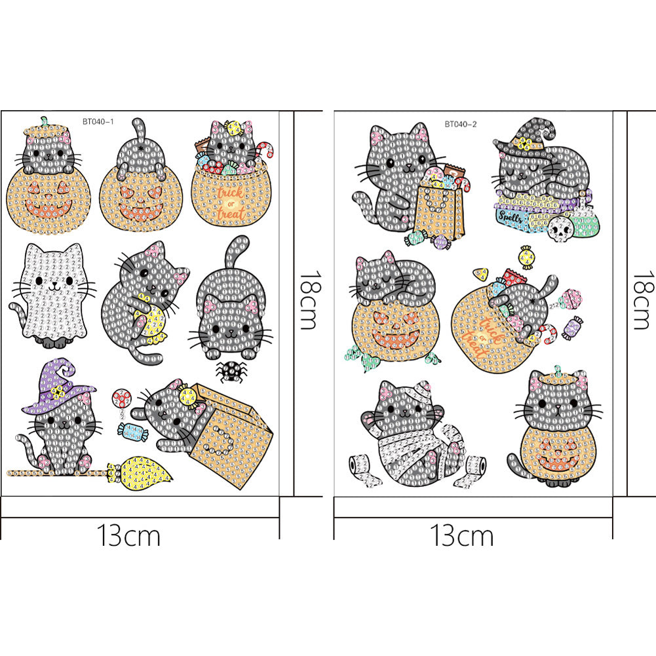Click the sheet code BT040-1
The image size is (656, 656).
coord(99,121)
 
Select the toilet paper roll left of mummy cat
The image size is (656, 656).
coord(358,465)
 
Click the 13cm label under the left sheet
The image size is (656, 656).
coord(129,535)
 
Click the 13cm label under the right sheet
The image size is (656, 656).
coord(462,535)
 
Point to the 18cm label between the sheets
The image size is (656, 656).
coord(309,301)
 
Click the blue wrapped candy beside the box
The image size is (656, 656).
coord(128,429)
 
